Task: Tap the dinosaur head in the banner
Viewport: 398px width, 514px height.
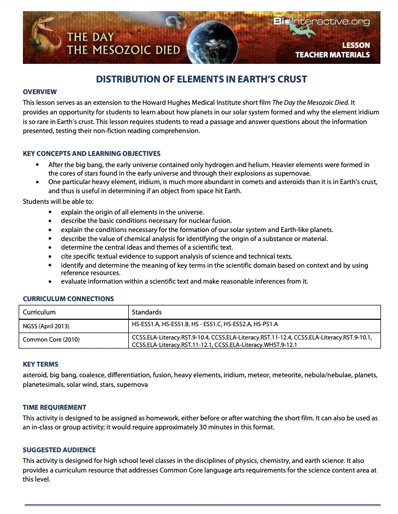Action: click(x=43, y=28)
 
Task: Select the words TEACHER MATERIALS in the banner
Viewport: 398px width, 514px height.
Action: click(x=332, y=55)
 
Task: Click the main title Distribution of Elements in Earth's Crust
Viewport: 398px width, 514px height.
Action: click(x=201, y=79)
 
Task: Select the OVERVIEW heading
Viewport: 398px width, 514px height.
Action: click(x=39, y=92)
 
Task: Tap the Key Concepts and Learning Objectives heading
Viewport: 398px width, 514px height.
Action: click(x=92, y=154)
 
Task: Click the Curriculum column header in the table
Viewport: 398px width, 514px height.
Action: click(x=39, y=312)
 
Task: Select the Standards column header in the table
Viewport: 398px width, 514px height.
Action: click(x=147, y=312)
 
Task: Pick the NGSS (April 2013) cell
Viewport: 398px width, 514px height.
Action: click(x=46, y=326)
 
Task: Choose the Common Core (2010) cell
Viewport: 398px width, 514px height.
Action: click(x=51, y=339)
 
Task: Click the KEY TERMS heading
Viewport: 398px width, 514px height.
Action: click(x=40, y=364)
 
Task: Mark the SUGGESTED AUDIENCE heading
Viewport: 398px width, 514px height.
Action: click(x=59, y=450)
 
